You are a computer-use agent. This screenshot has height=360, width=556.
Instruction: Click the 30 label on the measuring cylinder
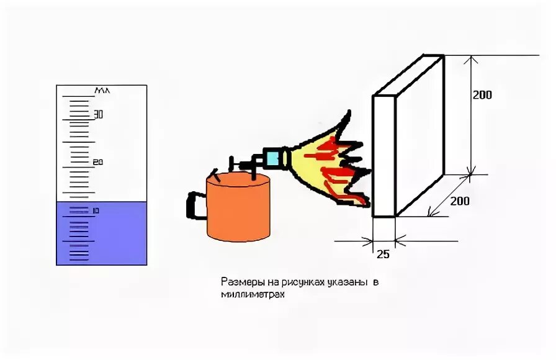pos(97,115)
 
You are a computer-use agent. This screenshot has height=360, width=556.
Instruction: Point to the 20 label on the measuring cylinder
pos(97,162)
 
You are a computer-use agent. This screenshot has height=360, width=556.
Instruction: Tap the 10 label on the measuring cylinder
pos(96,211)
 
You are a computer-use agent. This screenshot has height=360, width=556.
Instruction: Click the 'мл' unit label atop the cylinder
pos(102,91)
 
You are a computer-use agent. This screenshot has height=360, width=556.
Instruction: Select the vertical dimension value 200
pos(482,95)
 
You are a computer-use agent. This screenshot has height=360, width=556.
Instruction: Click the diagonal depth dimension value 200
pos(459,201)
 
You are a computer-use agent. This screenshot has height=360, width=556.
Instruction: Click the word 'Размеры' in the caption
pos(238,282)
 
